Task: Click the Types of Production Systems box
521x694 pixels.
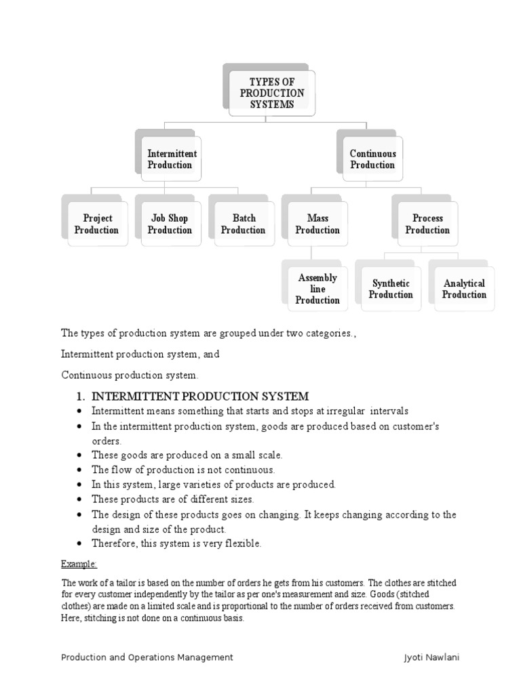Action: pos(271,93)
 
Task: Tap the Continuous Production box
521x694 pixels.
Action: pos(372,159)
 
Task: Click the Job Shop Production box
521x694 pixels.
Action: pos(170,224)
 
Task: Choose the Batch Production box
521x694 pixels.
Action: pos(244,224)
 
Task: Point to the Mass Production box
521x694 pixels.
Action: pos(317,224)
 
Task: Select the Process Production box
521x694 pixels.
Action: pos(427,224)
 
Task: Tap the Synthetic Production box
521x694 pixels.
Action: pos(391,289)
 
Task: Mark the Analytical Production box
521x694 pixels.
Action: pos(464,289)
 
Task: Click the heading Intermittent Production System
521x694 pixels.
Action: pos(200,396)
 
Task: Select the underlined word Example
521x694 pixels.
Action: pos(79,564)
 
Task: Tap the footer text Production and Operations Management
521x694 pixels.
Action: pos(147,657)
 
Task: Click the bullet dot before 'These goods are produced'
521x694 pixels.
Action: pos(81,455)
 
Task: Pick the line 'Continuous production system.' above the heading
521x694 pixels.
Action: pos(130,374)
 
